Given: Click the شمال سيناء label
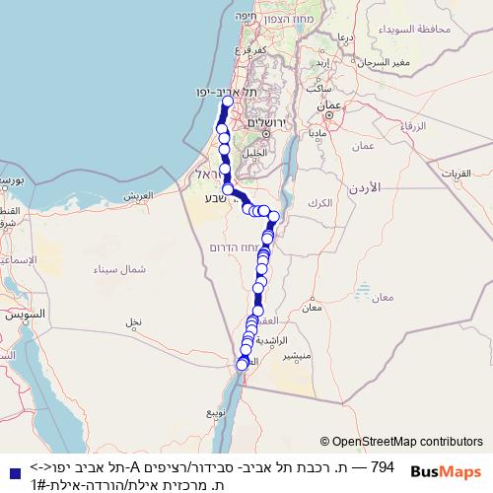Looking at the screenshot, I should (119, 269).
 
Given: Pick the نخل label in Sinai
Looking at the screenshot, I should (133, 321).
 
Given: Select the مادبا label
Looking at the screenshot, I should (317, 131).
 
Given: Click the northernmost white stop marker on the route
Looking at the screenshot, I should (228, 101).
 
